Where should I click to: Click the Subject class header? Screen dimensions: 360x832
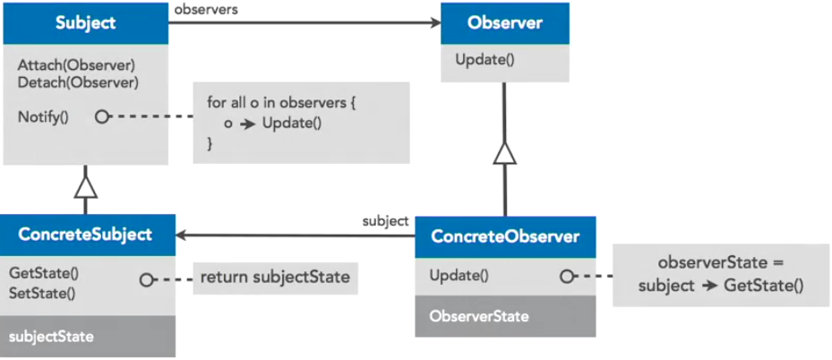pos(85,23)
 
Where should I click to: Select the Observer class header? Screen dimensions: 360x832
pos(504,23)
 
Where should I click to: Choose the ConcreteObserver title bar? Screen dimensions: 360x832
pos(505,237)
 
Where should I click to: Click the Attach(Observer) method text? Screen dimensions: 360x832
pos(75,65)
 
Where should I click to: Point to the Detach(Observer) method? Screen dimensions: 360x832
pos(77,82)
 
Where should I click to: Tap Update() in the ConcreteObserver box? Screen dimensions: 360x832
pos(459,276)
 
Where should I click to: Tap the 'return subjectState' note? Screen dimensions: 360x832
pos(275,277)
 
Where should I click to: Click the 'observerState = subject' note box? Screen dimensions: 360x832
pos(720,275)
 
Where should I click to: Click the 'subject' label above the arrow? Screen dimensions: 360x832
pos(385,219)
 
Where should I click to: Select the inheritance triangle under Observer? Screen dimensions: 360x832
pos(505,153)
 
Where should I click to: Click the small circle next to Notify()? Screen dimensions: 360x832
pos(102,116)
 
